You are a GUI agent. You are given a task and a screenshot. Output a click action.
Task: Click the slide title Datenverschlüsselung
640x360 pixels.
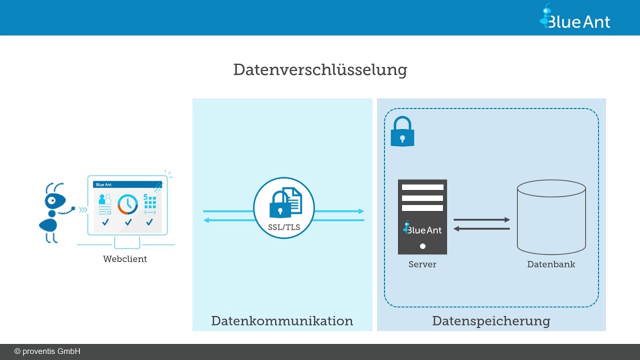(320, 69)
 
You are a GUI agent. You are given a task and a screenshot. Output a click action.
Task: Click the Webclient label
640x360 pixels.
(125, 259)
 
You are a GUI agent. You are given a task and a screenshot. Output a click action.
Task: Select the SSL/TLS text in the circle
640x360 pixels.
(284, 227)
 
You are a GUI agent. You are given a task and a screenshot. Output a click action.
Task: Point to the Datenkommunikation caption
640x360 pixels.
(282, 321)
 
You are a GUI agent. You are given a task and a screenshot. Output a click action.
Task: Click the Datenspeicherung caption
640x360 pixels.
(491, 321)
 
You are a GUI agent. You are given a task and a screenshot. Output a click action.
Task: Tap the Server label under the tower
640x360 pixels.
(422, 264)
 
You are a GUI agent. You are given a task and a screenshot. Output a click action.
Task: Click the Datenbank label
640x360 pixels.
(551, 264)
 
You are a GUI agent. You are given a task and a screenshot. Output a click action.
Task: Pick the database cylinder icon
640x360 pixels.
(551, 217)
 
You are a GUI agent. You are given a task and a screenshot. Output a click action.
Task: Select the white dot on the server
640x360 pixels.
(422, 246)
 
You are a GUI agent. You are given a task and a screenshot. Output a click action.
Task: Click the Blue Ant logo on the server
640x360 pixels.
(422, 229)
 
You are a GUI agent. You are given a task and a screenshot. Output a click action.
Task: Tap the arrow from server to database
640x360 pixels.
(481, 219)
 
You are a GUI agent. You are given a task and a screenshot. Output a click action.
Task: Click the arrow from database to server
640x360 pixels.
(481, 229)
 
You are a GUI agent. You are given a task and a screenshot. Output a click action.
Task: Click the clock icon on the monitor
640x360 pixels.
(127, 204)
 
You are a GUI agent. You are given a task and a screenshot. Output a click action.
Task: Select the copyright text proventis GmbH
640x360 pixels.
(47, 351)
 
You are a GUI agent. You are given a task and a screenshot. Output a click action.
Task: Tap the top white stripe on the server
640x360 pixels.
(422, 187)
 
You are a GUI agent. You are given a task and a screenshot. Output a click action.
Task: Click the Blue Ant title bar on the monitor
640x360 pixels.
(127, 184)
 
